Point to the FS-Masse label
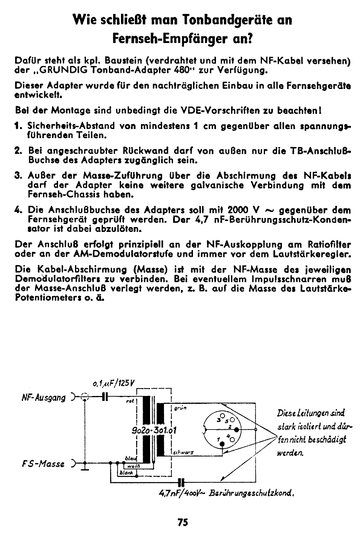click(x=44, y=465)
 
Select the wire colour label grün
click(x=180, y=409)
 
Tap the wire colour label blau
click(x=129, y=458)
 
